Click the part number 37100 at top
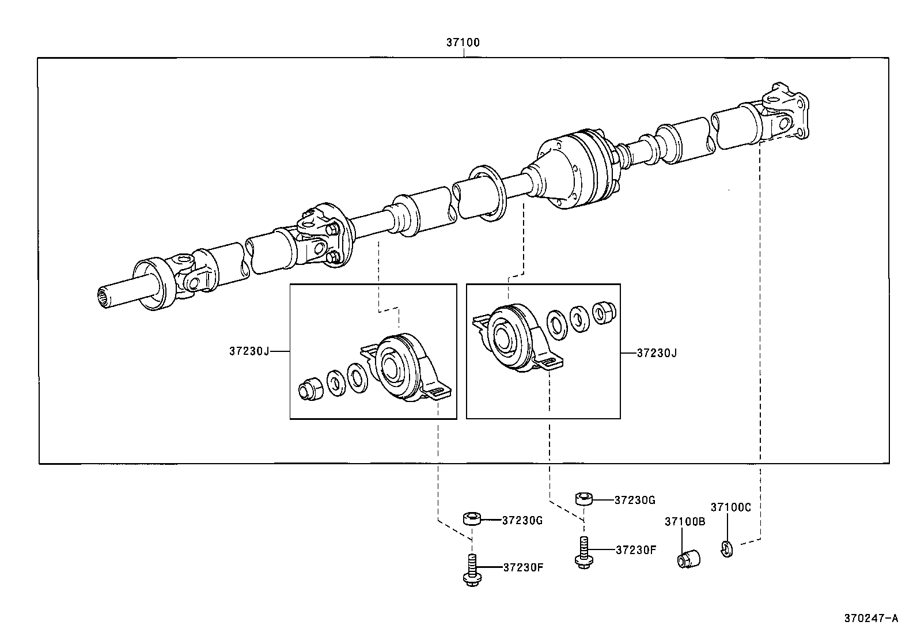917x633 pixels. (x=463, y=42)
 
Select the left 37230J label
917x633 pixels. (x=249, y=351)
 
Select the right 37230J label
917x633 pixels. (x=657, y=352)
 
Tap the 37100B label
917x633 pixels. (x=685, y=521)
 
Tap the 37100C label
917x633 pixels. (x=730, y=507)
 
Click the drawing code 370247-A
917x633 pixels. (x=871, y=619)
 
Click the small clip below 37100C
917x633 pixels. (x=726, y=549)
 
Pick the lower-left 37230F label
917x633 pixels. (x=523, y=567)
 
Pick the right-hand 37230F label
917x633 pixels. (x=636, y=549)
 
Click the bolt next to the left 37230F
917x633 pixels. (x=471, y=571)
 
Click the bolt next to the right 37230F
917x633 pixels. (x=583, y=552)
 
